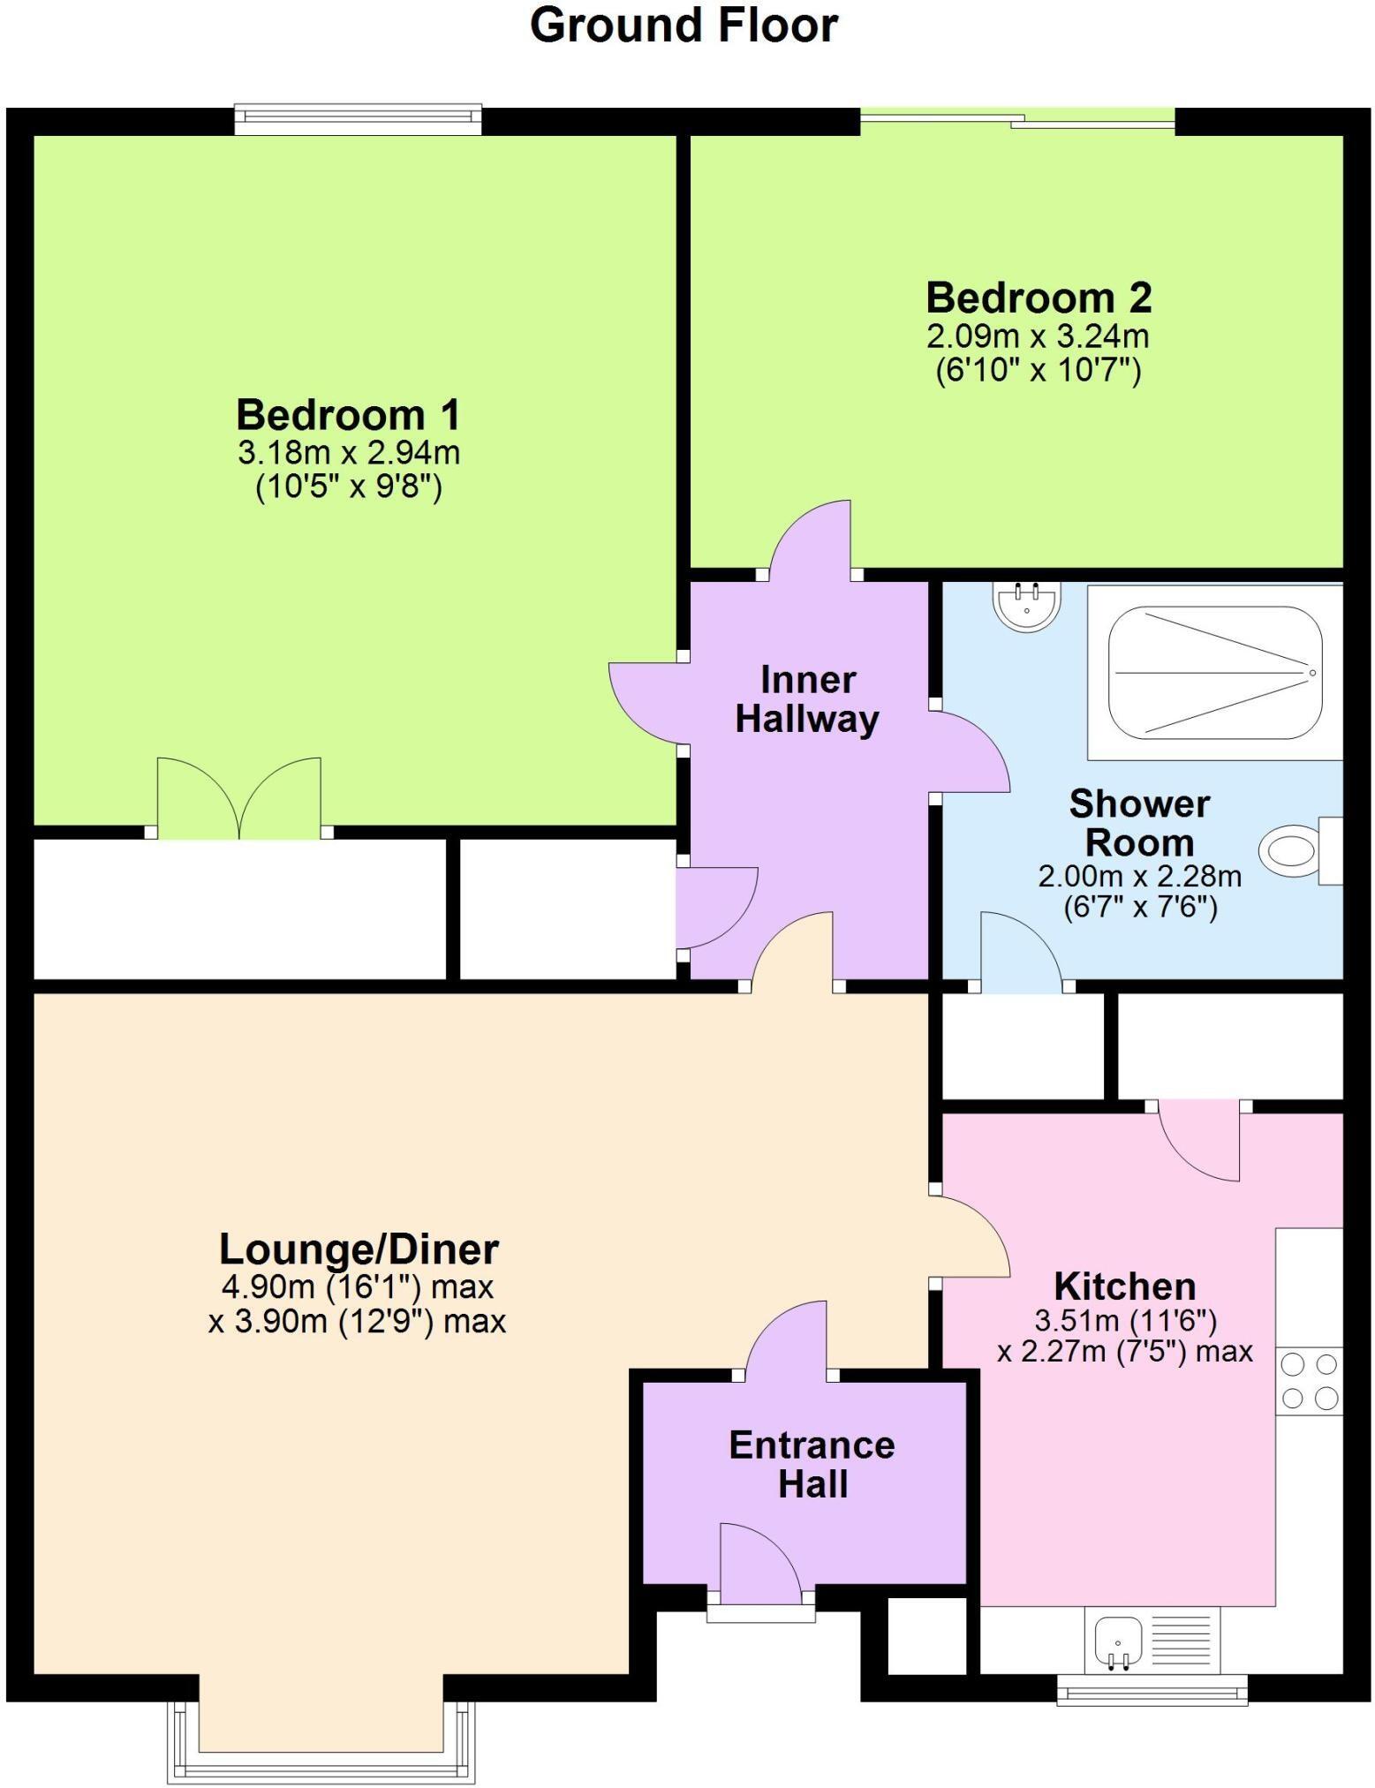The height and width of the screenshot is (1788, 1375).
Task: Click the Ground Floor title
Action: pos(684,26)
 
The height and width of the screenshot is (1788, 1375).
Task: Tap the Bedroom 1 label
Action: pos(348,414)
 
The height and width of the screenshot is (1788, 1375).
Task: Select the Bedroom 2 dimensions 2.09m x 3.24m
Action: pos(1038,336)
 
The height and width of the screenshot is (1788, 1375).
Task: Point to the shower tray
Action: pos(1215,673)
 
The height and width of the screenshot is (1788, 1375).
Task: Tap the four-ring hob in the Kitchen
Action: pos(1310,1381)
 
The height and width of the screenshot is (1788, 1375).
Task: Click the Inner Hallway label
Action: pos(807,699)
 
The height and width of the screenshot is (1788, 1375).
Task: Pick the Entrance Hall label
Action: pos(812,1464)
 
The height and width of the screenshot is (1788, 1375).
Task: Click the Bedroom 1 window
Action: pos(358,120)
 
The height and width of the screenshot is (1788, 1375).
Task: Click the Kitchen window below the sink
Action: pos(1152,1692)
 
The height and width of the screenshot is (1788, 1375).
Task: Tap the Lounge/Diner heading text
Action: pos(359,1249)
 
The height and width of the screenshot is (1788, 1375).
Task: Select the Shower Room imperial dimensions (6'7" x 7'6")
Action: pos(1140,908)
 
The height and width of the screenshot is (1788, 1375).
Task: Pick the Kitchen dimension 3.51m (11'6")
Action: pos(1126,1321)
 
